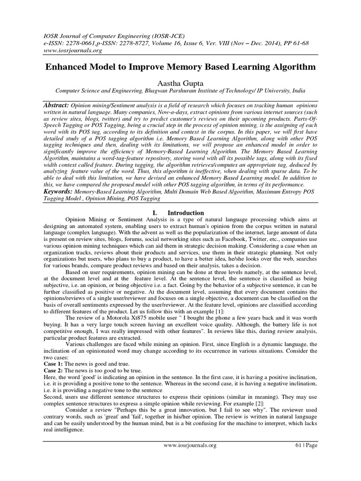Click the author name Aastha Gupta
click(180, 82)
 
